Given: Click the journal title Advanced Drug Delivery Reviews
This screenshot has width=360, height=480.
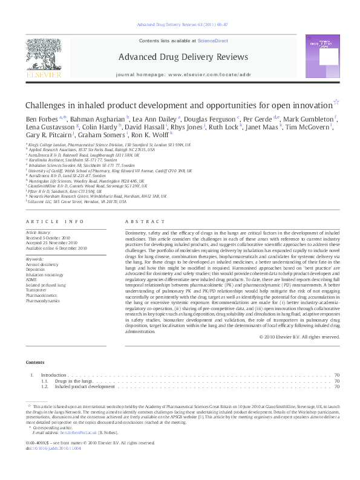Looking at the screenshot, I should [183, 57].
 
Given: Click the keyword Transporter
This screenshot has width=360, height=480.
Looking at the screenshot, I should [36, 289].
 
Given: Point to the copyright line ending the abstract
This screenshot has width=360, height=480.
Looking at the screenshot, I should [299, 336].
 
